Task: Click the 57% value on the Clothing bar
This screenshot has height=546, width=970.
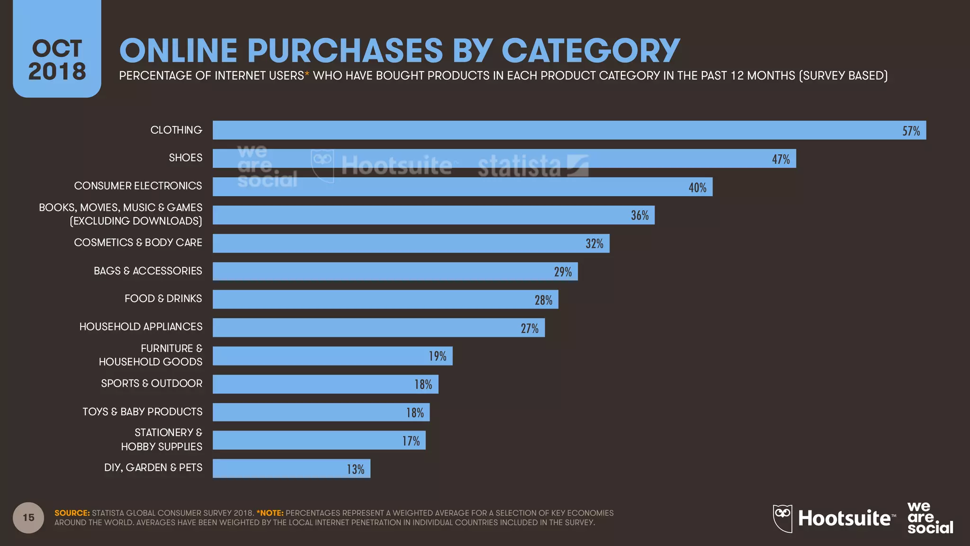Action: click(911, 131)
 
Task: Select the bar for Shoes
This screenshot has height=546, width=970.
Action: click(504, 158)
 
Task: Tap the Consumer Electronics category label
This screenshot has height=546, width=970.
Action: click(138, 186)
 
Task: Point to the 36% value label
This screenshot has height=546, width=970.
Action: click(639, 216)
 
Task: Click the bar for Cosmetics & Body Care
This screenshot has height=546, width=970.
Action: click(411, 243)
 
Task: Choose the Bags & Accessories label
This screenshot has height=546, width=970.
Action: click(148, 271)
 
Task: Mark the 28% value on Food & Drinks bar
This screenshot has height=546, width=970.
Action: click(543, 300)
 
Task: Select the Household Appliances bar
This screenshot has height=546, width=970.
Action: click(378, 328)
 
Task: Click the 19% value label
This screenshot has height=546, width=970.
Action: click(437, 356)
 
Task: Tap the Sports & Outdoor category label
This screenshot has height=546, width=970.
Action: click(152, 383)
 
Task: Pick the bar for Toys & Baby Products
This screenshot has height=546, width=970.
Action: click(321, 412)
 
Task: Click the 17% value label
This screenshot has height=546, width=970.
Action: click(411, 441)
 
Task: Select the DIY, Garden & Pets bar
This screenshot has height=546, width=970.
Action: click(291, 468)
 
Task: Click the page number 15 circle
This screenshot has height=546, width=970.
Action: click(28, 518)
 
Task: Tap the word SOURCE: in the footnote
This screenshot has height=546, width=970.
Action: click(72, 513)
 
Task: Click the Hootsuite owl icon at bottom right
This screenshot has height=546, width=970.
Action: click(782, 518)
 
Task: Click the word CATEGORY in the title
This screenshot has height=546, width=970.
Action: click(590, 50)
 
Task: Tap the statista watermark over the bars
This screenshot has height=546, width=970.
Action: click(532, 166)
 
